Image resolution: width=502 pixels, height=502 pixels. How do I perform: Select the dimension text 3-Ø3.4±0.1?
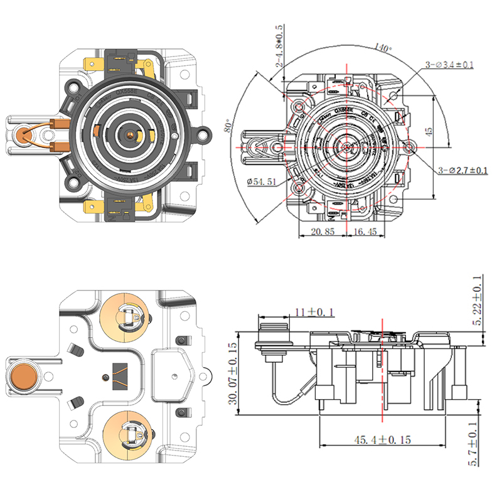pyautogui.click(x=449, y=65)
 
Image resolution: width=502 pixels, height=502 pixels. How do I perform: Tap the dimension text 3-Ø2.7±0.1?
pyautogui.click(x=462, y=171)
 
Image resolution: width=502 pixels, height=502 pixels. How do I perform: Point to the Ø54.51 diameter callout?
pyautogui.click(x=261, y=182)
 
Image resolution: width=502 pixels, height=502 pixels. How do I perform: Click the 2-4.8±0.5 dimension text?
pyautogui.click(x=279, y=47)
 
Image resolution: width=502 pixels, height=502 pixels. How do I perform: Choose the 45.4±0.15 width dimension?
pyautogui.click(x=380, y=440)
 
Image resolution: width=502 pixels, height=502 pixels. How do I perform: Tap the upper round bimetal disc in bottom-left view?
pyautogui.click(x=126, y=315)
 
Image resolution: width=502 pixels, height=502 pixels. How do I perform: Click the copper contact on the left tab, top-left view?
pyautogui.click(x=24, y=133)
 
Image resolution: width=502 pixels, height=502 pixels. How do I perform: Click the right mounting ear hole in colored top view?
pyautogui.click(x=204, y=133)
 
